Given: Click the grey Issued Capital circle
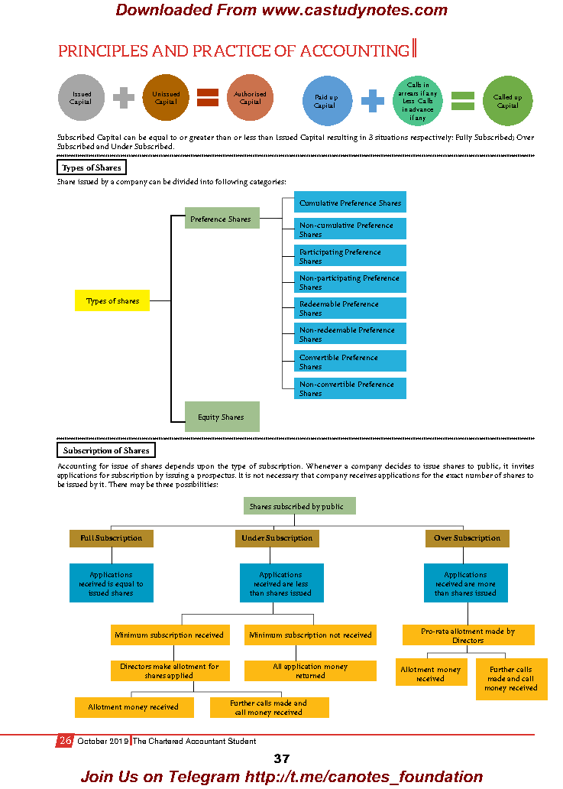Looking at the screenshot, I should click(x=81, y=98).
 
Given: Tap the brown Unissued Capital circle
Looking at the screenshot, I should click(x=166, y=98).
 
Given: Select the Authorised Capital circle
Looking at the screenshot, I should click(x=250, y=98).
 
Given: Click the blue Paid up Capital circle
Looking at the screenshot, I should click(x=326, y=101).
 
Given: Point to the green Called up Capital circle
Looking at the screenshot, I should click(x=507, y=101).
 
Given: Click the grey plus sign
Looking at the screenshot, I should click(x=124, y=98).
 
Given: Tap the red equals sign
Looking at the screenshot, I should click(x=208, y=98).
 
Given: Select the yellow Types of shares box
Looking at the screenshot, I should click(x=112, y=300).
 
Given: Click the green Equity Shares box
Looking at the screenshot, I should click(x=222, y=417).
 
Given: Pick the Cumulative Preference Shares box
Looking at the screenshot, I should click(x=350, y=203).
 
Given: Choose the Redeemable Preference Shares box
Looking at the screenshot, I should click(x=350, y=308).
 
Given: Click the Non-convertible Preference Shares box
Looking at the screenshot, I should click(x=350, y=388).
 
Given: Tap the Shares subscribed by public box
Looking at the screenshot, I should click(x=300, y=506).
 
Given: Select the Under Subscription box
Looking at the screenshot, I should click(x=277, y=538).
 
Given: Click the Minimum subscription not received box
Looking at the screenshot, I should click(x=310, y=635).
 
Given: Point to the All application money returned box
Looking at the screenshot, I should click(x=310, y=670).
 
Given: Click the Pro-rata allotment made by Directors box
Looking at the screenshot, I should click(x=468, y=635).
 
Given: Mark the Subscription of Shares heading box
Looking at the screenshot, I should click(x=106, y=450).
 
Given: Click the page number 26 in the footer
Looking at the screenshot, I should click(x=65, y=741).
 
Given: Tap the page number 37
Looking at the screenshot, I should click(x=281, y=758).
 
